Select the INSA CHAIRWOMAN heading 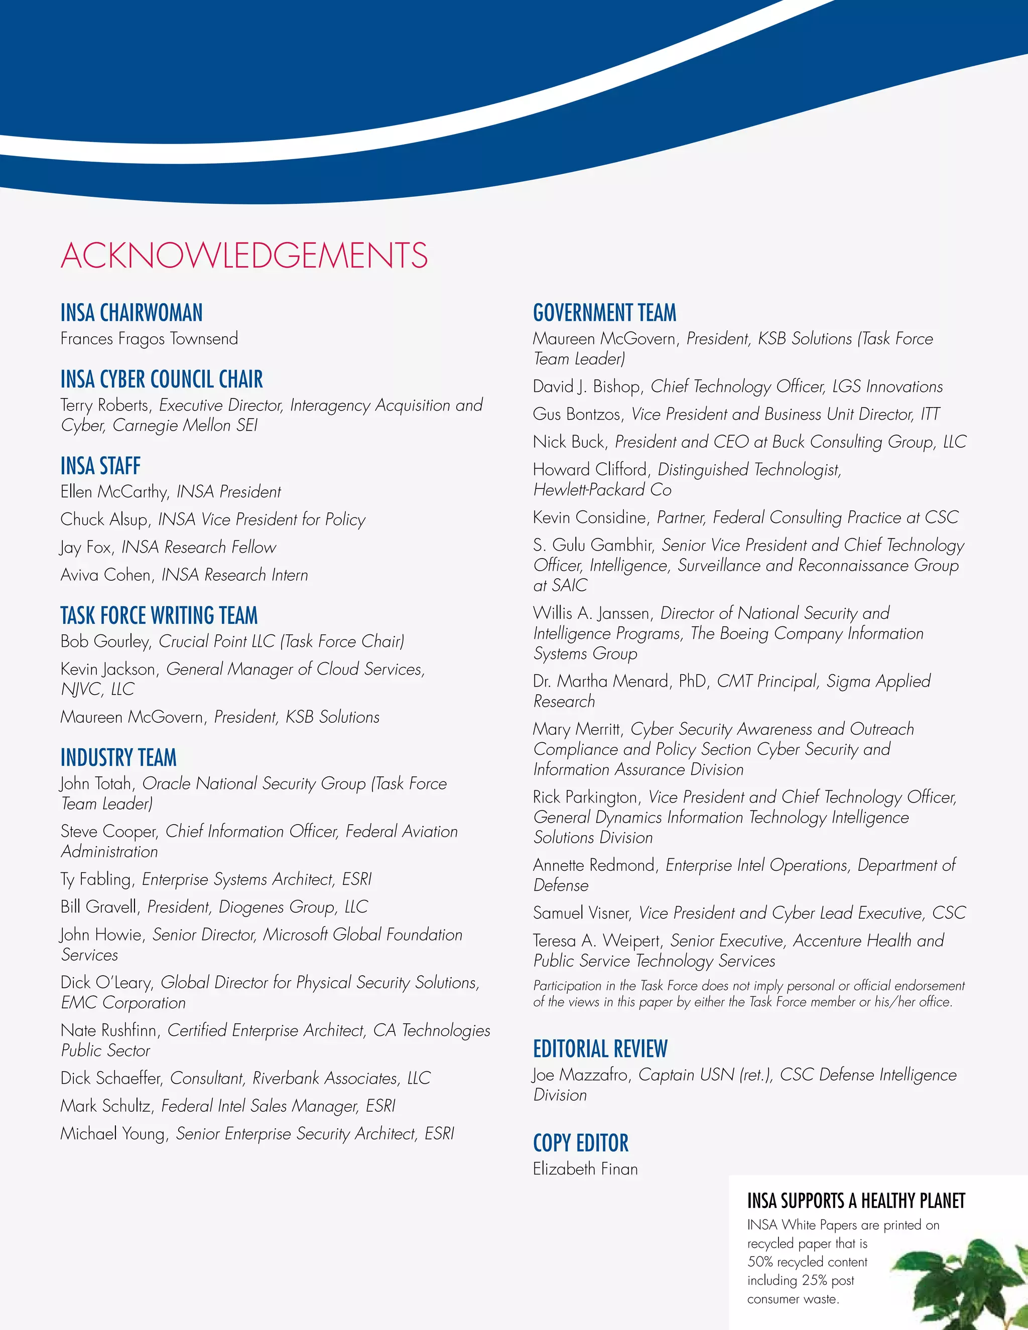pyautogui.click(x=132, y=313)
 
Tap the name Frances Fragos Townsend pyautogui.click(x=149, y=339)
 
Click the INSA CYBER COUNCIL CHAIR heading pyautogui.click(x=162, y=379)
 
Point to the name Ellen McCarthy pyautogui.click(x=114, y=492)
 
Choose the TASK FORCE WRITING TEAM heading pyautogui.click(x=159, y=615)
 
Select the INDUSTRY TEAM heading pyautogui.click(x=118, y=757)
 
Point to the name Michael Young pyautogui.click(x=112, y=1134)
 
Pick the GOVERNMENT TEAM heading pyautogui.click(x=604, y=313)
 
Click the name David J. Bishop pyautogui.click(x=586, y=386)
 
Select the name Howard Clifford pyautogui.click(x=589, y=470)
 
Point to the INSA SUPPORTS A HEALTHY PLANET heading pyautogui.click(x=856, y=1201)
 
